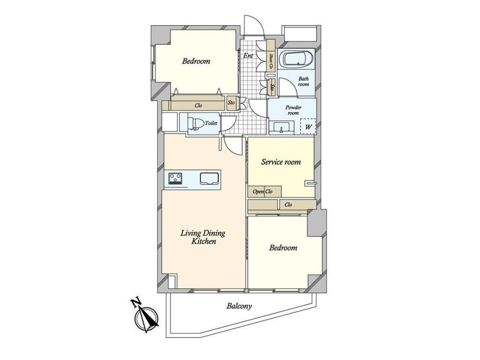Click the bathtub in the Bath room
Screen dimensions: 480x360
click(x=297, y=58)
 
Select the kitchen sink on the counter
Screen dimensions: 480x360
click(x=209, y=178)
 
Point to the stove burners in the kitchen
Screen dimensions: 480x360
click(x=175, y=178)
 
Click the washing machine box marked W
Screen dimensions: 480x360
click(x=308, y=126)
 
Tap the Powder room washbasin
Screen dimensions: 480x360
click(x=282, y=128)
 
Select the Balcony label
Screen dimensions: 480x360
click(x=239, y=306)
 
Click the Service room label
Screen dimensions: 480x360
click(x=281, y=162)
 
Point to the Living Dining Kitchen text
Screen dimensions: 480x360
click(x=203, y=237)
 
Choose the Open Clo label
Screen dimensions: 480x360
click(x=262, y=191)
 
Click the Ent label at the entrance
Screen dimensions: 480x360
click(x=248, y=56)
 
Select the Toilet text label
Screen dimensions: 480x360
click(x=211, y=123)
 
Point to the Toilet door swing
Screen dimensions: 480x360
click(x=228, y=124)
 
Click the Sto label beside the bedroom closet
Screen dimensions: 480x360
click(x=232, y=103)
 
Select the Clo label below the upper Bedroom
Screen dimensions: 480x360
click(x=198, y=105)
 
